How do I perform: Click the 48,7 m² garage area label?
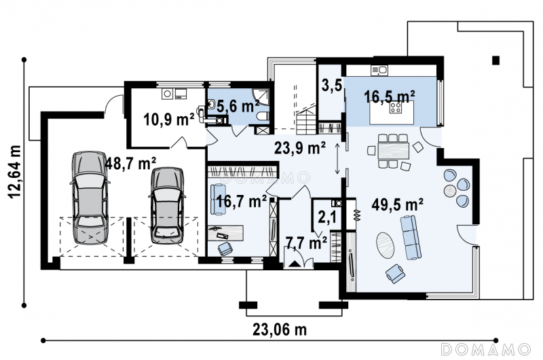130,163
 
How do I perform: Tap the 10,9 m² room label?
168,120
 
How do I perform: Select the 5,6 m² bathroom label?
238,106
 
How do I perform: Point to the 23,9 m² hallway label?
299,148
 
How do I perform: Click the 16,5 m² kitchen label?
389,96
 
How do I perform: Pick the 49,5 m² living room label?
397,204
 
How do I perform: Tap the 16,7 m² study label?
241,201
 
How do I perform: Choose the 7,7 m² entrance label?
306,243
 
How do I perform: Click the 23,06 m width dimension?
280,329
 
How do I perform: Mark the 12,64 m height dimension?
15,171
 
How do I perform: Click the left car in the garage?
90,198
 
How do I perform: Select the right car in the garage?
167,206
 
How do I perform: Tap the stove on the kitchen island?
396,107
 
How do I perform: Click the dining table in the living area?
394,151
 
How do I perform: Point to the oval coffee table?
385,245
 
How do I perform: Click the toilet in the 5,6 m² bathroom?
263,116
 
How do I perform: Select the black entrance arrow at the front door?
295,264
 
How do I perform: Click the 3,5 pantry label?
331,85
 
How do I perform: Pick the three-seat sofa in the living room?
411,237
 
